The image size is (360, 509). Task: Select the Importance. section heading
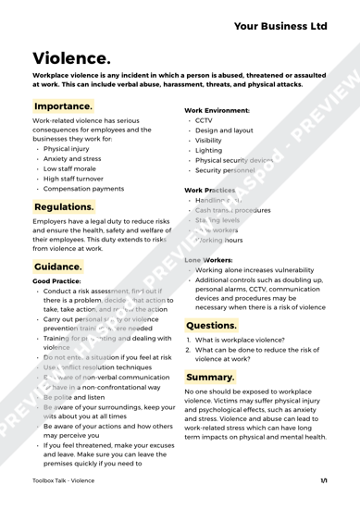point(61,107)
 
